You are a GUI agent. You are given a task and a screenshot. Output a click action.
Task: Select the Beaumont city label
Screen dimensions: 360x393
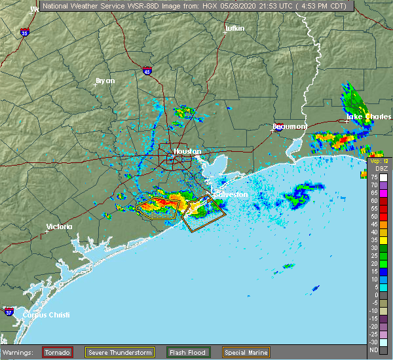pos(290,126)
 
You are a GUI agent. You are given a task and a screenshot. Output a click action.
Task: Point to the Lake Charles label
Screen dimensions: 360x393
pos(360,117)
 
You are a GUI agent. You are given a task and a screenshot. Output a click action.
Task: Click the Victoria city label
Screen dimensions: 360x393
pos(58,227)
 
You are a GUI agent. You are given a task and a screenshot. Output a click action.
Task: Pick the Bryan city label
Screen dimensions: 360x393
pos(105,81)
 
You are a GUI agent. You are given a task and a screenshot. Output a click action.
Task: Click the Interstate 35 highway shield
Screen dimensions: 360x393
pos(24,32)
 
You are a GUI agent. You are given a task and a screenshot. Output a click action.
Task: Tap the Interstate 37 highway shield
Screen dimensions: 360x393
pos(9,310)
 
